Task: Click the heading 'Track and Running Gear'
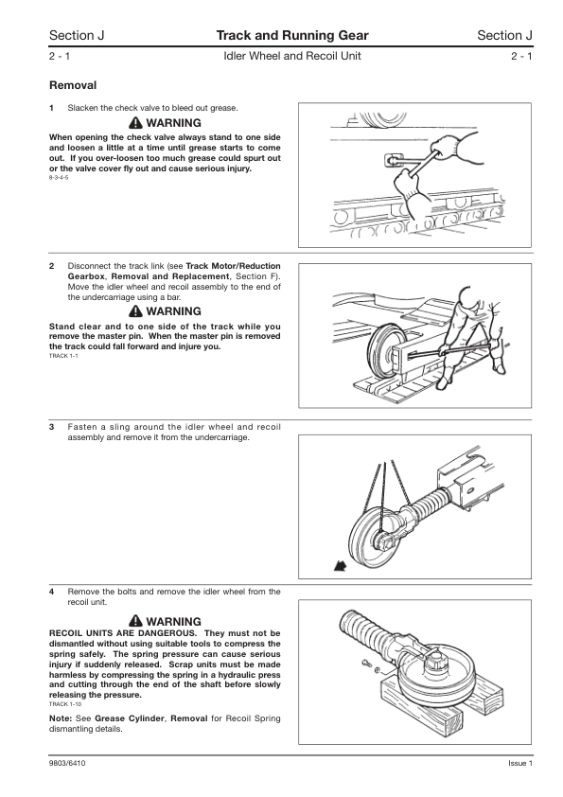tap(292, 35)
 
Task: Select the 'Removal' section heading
tap(73, 85)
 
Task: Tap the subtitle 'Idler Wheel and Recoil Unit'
tap(292, 56)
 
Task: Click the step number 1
tap(51, 108)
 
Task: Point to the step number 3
tap(51, 427)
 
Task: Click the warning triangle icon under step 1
tap(135, 122)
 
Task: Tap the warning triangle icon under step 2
tap(135, 310)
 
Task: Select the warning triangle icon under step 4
tap(135, 621)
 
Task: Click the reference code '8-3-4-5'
tap(59, 177)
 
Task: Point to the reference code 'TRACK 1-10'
tap(65, 704)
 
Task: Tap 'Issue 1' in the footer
tap(520, 763)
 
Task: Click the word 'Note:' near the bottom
tap(60, 718)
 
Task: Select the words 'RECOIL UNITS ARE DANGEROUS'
tap(122, 633)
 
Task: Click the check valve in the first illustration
tap(392, 161)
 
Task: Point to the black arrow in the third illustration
tap(340, 565)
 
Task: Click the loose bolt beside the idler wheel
tap(366, 663)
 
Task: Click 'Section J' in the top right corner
tap(504, 35)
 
